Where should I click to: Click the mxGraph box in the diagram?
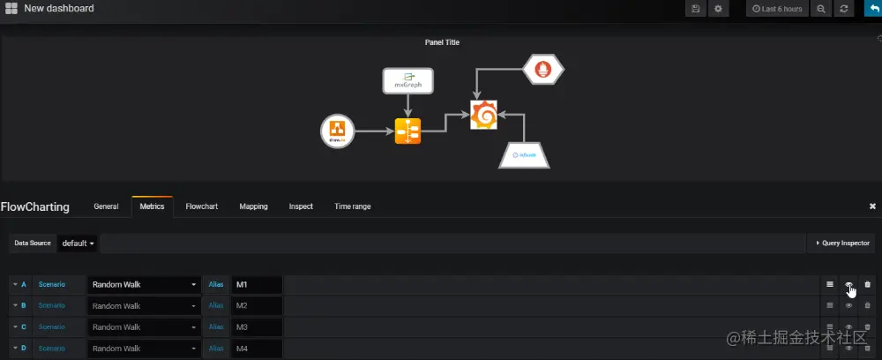(407, 81)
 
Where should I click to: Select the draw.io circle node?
(335, 131)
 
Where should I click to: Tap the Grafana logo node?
(483, 116)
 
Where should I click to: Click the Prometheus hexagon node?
(543, 69)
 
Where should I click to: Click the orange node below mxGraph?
(407, 131)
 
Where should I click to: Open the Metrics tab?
(152, 206)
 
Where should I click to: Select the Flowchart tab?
(202, 206)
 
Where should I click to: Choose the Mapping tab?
(253, 206)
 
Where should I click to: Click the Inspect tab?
(301, 206)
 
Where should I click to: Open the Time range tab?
(353, 206)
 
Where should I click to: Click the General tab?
(106, 206)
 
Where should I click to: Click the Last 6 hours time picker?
(777, 9)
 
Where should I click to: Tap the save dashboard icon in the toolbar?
(696, 9)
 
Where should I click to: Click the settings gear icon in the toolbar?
(719, 9)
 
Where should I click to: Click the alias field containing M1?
(256, 284)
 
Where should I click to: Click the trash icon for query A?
(867, 284)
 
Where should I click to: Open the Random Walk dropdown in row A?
(144, 284)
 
